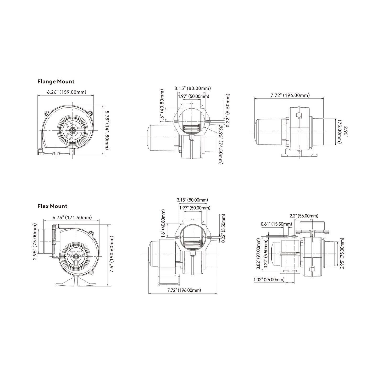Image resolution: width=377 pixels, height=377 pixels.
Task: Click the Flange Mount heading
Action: (56, 81)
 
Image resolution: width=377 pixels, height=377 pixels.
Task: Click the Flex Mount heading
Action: (52, 206)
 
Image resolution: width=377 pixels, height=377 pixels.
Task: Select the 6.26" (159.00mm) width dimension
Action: (66, 92)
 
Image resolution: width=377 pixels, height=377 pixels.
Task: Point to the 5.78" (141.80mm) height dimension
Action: (107, 130)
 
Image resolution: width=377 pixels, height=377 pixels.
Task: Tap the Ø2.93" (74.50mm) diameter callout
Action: (220, 144)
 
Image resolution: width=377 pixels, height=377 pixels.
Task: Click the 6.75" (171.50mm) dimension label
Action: (72, 217)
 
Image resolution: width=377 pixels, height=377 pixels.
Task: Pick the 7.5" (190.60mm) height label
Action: (112, 254)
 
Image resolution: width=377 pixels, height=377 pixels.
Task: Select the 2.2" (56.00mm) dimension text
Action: (304, 216)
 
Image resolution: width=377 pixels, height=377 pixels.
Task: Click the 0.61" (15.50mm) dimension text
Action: (276, 224)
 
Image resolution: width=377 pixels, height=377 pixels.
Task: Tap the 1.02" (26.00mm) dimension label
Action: (269, 280)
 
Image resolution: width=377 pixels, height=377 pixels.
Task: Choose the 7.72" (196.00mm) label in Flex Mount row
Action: (184, 290)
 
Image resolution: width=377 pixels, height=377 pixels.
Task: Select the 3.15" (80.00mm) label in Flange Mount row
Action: (193, 88)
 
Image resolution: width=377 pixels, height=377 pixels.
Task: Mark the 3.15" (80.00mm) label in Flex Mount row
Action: (192, 200)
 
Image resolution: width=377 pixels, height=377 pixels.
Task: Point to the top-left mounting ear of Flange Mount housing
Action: (47, 113)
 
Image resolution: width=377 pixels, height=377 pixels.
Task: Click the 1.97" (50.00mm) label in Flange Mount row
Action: (193, 96)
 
